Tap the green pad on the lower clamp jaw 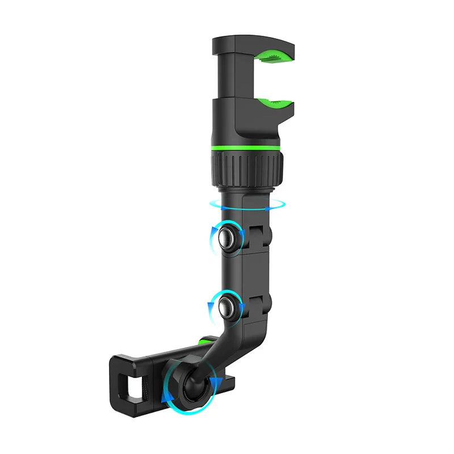pos(275,104)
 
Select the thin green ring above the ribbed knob pos(246,148)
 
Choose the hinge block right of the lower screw pos(259,307)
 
